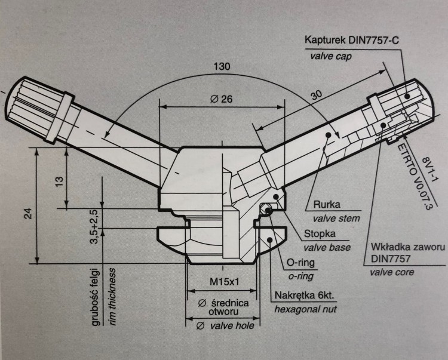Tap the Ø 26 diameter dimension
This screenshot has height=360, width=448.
[222, 99]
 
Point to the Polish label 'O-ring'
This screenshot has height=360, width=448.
[302, 262]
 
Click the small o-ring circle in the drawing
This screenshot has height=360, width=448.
[268, 210]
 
